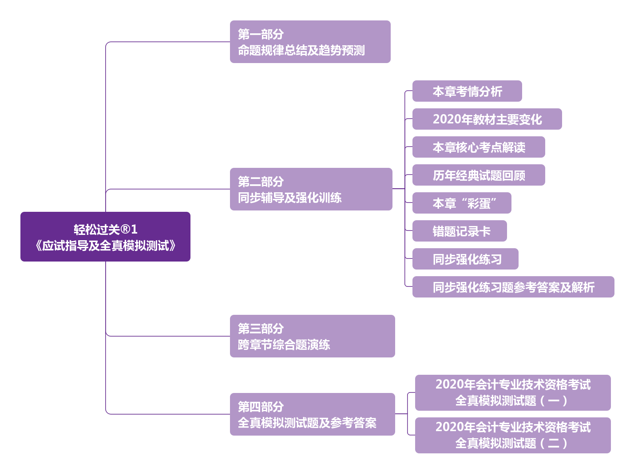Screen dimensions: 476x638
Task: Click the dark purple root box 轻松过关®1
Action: (105, 237)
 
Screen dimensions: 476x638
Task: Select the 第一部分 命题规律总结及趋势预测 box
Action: (310, 42)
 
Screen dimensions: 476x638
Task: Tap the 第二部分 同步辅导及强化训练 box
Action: (311, 189)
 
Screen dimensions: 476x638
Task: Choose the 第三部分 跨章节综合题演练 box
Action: (312, 336)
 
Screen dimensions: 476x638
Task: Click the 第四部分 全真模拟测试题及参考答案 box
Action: (312, 414)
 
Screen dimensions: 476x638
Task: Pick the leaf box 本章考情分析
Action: (467, 91)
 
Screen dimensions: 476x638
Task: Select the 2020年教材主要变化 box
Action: (487, 119)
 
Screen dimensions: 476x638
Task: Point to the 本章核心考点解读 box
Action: (479, 147)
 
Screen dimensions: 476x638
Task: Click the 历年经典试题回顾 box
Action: (479, 175)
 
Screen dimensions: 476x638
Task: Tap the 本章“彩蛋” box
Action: (462, 203)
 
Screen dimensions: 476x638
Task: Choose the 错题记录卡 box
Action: (460, 231)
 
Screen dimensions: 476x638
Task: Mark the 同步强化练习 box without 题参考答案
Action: (465, 259)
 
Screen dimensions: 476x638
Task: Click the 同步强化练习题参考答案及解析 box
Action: (513, 287)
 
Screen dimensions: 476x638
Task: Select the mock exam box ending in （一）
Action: (513, 393)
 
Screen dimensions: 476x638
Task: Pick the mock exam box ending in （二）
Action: (513, 436)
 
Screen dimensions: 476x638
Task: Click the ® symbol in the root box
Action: (125, 230)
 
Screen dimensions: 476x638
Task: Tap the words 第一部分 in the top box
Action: (261, 34)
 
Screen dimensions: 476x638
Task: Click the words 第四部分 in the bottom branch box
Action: (261, 407)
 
